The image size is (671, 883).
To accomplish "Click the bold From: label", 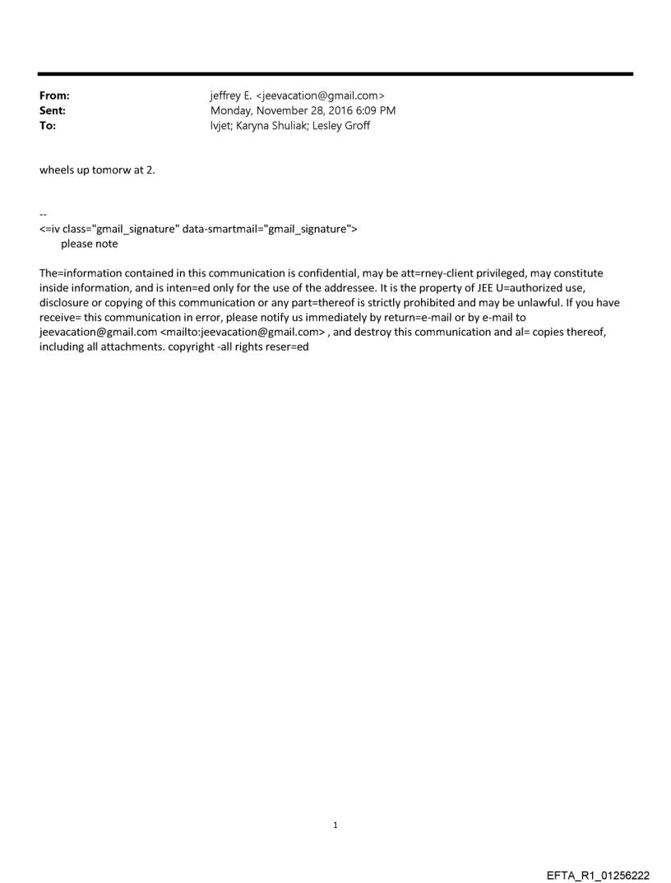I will coord(54,95).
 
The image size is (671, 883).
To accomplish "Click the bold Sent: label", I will coord(53,110).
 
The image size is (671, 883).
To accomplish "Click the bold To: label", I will coord(48,125).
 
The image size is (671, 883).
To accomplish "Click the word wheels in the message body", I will coord(57,170).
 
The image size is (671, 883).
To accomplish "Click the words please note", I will coord(89,244).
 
